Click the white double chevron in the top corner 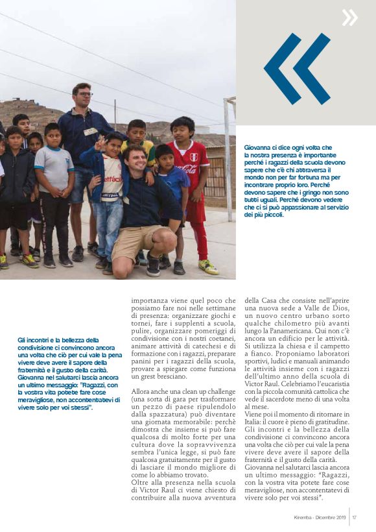pyautogui.click(x=349, y=18)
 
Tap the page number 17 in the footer pyautogui.click(x=355, y=517)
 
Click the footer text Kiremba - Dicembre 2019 pyautogui.click(x=319, y=517)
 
